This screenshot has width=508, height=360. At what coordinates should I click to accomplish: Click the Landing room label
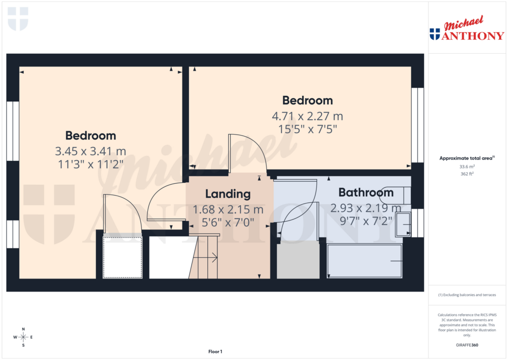(228, 194)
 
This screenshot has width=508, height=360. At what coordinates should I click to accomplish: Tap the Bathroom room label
(366, 192)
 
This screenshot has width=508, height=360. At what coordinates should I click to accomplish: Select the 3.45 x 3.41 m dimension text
(91, 151)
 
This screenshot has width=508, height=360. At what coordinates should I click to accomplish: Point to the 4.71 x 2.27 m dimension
(308, 116)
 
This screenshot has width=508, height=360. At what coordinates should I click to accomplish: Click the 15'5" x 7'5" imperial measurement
(308, 129)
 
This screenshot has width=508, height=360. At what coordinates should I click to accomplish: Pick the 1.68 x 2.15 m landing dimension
(228, 210)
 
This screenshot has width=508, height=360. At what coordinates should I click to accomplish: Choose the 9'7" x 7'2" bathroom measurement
(366, 220)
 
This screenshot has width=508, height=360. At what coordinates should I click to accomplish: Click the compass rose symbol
(23, 337)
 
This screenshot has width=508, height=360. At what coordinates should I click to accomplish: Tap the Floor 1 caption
(215, 352)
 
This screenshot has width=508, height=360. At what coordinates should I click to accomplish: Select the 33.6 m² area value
(466, 167)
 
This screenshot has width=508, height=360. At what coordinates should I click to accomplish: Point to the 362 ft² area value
(466, 175)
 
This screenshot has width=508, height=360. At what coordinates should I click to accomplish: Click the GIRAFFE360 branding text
(466, 345)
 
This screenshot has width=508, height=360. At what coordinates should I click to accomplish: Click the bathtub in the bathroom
(365, 261)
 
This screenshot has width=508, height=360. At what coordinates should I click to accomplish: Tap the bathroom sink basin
(402, 225)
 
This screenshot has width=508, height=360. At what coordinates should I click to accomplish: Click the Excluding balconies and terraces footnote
(466, 295)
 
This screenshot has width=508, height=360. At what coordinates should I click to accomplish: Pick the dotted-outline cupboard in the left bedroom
(122, 257)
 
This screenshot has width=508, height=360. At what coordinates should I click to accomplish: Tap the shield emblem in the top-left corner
(18, 18)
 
